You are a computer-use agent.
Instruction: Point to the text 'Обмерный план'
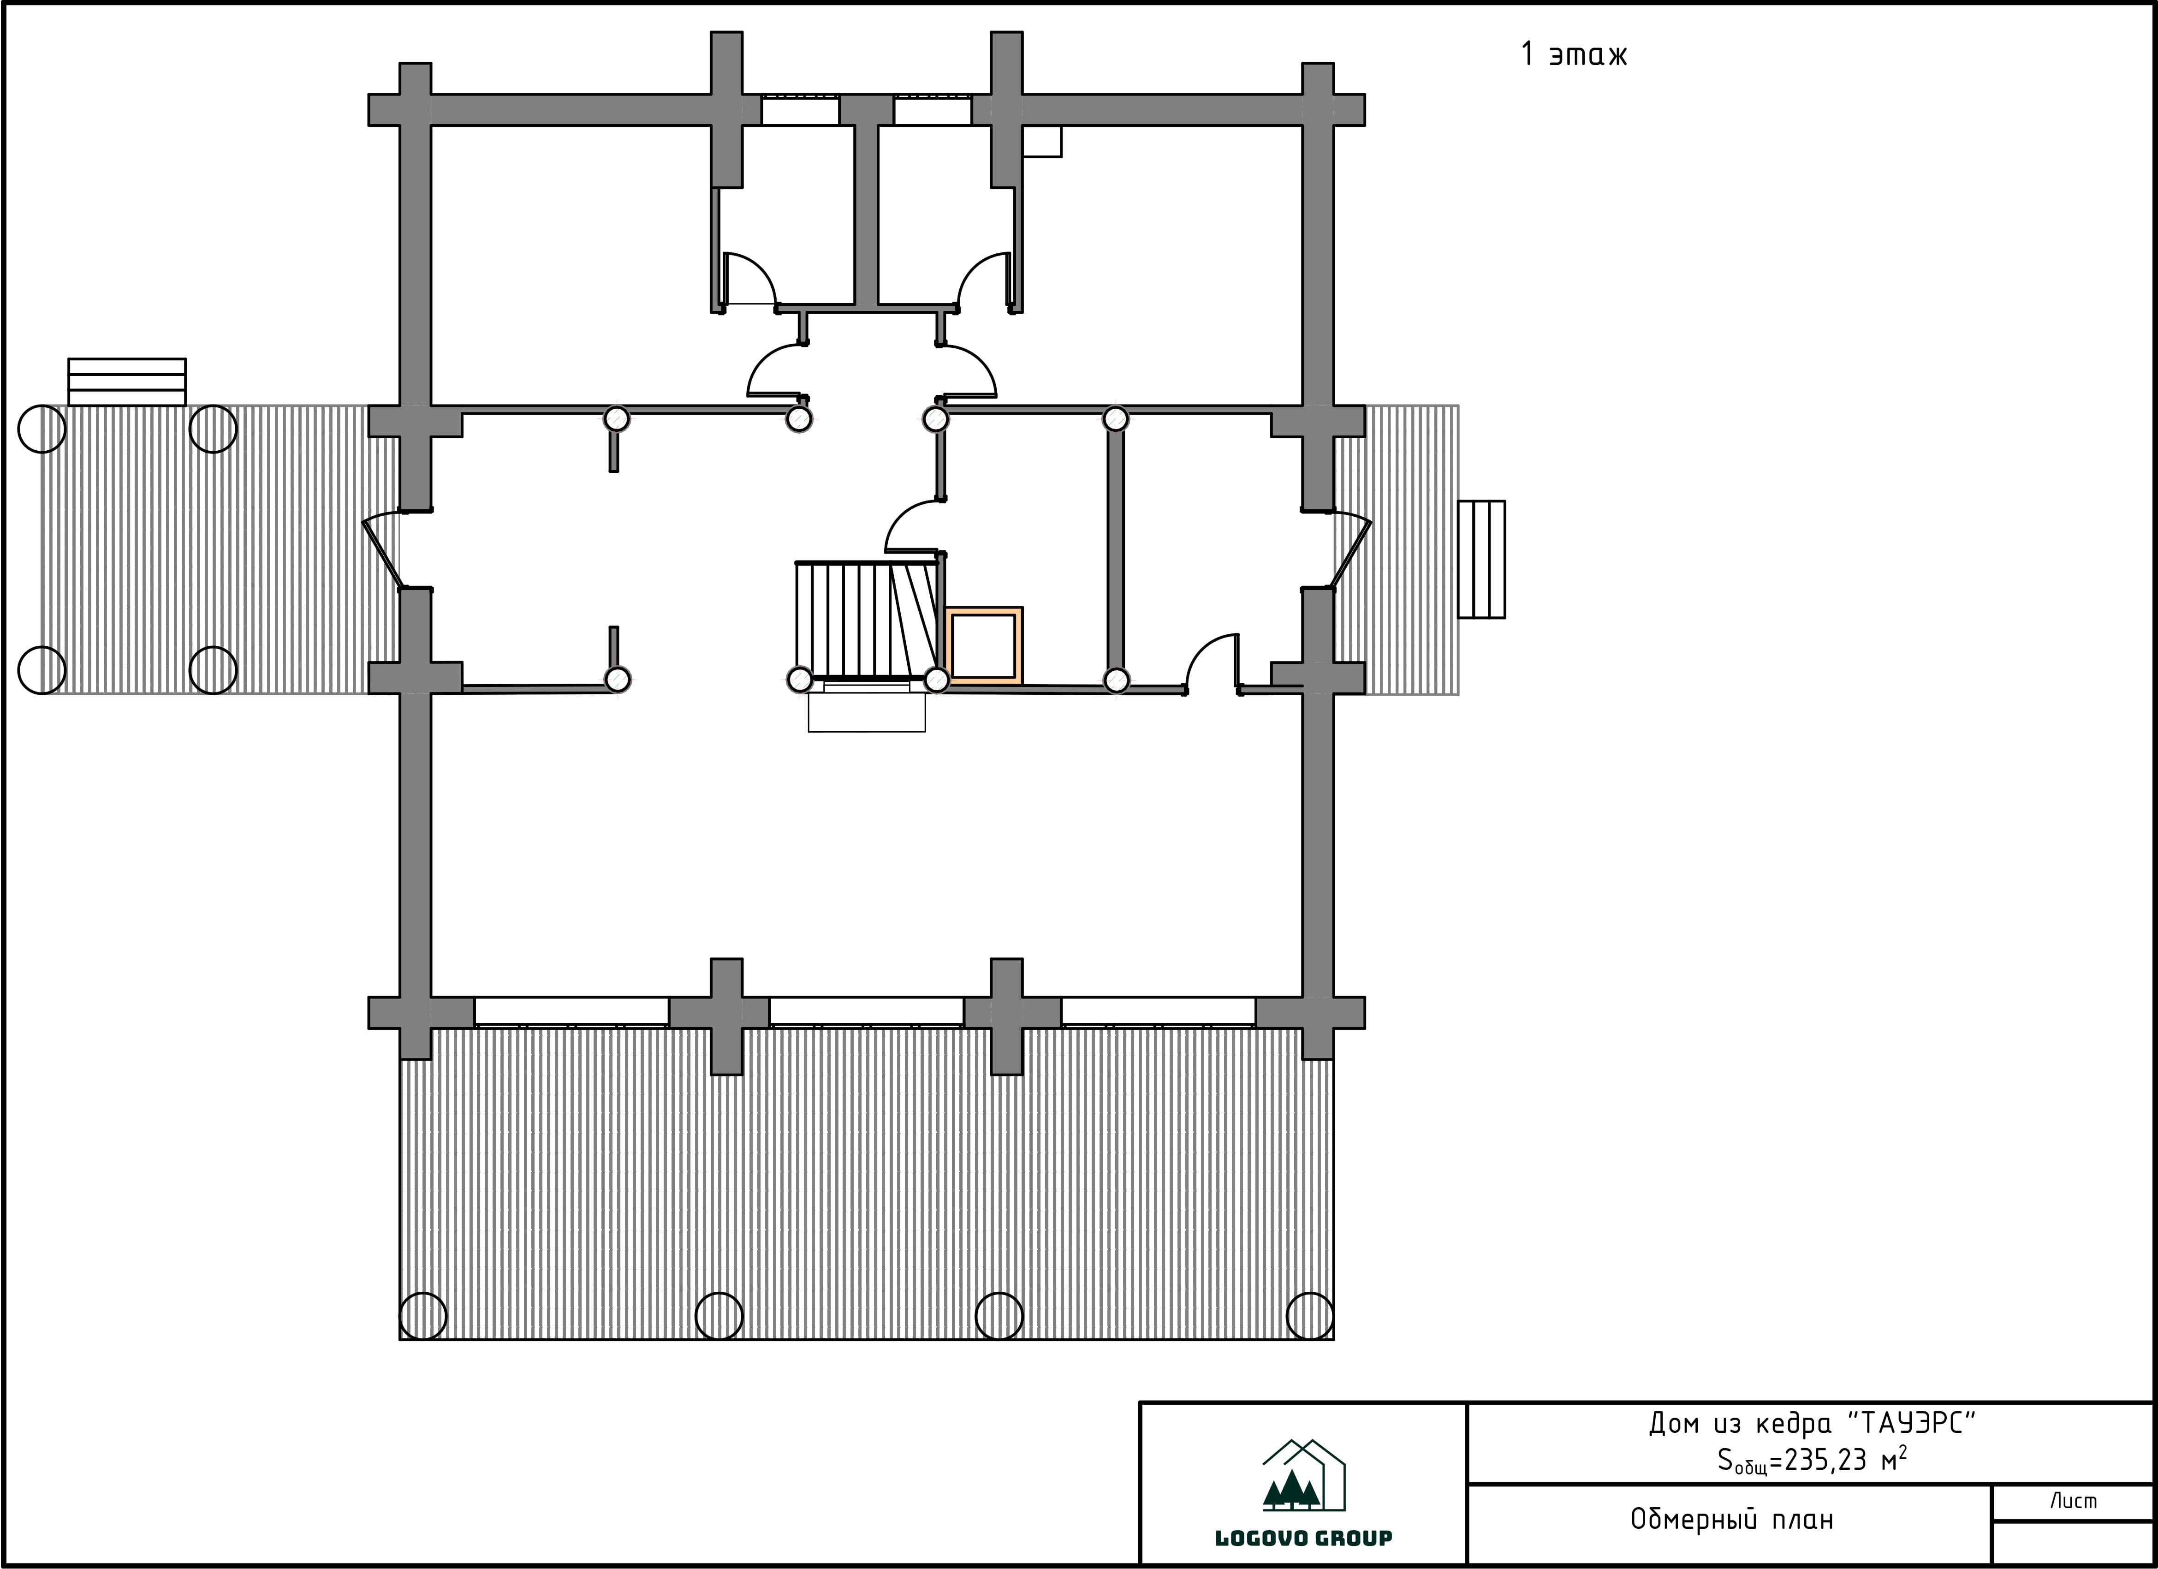coord(1732,1520)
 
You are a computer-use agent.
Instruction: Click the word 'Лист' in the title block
coord(2073,1502)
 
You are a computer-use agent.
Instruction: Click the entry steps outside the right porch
coord(1481,560)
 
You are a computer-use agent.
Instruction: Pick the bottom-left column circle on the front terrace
coord(422,1317)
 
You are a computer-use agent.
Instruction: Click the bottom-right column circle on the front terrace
coord(1309,1317)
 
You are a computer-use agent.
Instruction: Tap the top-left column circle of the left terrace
coord(42,429)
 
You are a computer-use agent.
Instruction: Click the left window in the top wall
coord(800,110)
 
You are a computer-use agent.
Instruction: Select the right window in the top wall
coord(933,110)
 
